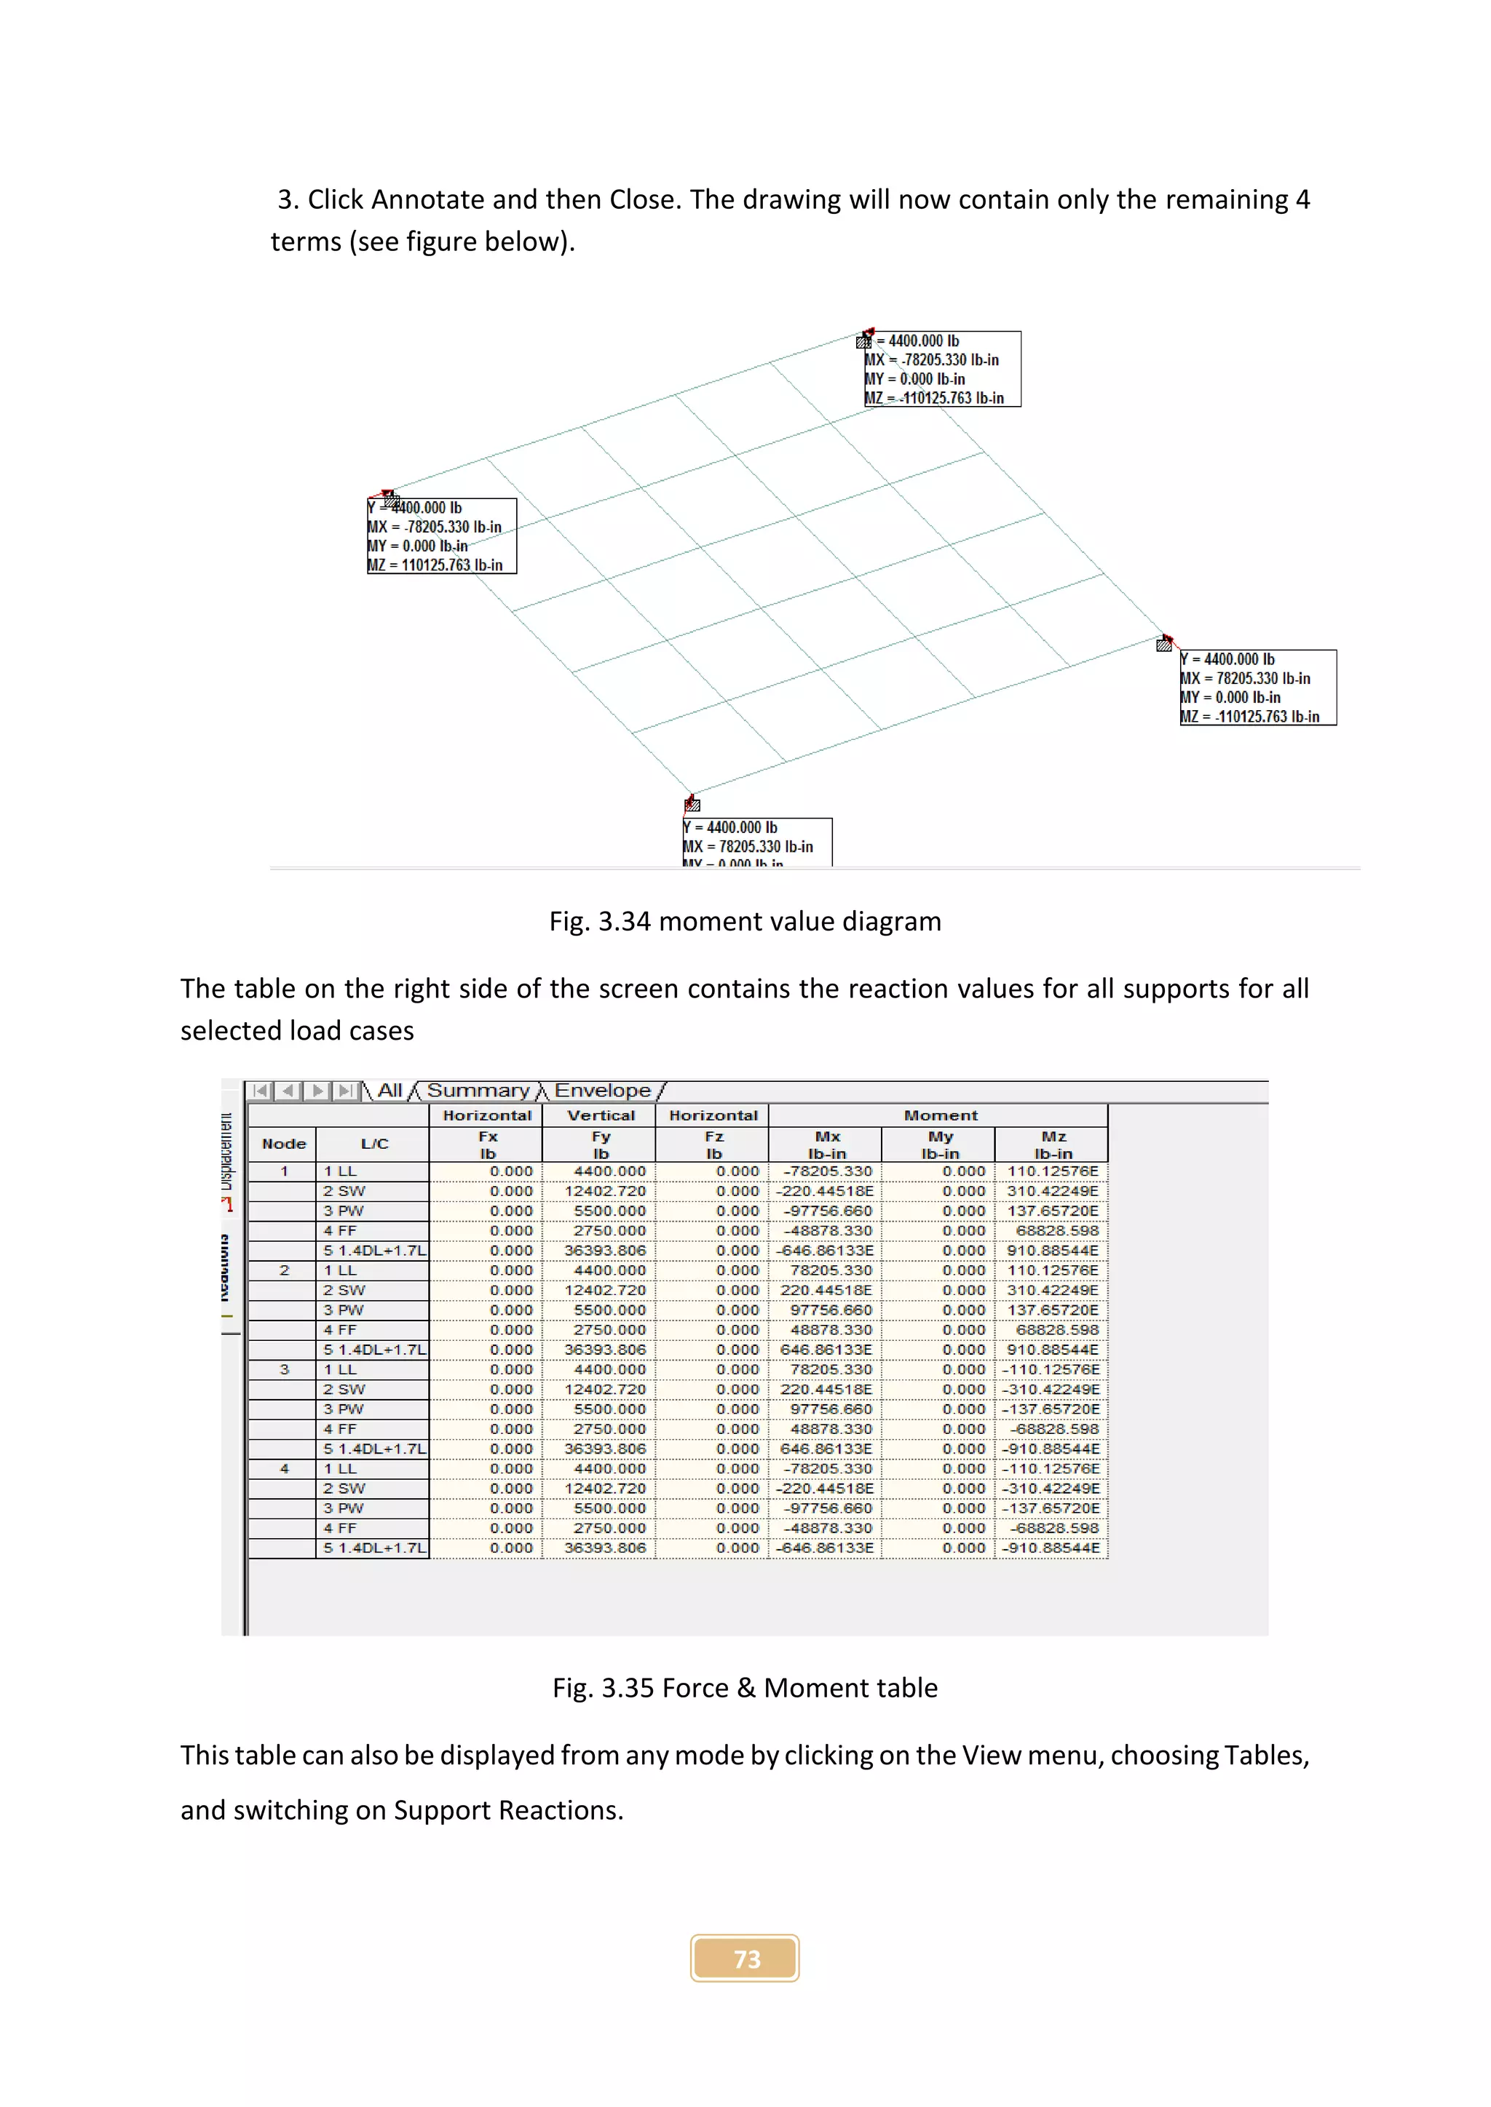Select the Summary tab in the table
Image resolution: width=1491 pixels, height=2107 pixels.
coord(478,1090)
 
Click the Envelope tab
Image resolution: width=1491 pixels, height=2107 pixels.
coord(602,1090)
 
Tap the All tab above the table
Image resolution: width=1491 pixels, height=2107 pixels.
coord(389,1090)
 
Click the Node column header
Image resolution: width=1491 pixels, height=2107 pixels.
coord(284,1144)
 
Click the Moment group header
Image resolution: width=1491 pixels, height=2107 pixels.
coord(940,1115)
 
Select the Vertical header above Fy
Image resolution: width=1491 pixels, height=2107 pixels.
coord(601,1115)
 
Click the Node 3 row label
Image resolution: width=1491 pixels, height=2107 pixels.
coord(284,1369)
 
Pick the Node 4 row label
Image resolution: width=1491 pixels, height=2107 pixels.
coord(284,1468)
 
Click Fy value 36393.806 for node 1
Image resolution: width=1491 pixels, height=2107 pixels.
coord(604,1251)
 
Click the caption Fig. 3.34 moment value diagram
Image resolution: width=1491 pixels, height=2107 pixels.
coord(745,921)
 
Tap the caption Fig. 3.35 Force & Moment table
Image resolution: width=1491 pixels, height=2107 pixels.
coord(745,1688)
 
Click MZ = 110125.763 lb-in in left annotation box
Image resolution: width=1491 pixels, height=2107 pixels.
coord(435,565)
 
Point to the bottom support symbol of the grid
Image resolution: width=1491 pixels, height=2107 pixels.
coord(692,805)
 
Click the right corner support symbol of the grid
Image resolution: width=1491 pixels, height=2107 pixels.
coord(1164,643)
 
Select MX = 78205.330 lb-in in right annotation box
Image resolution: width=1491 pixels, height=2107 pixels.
coord(1245,678)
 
